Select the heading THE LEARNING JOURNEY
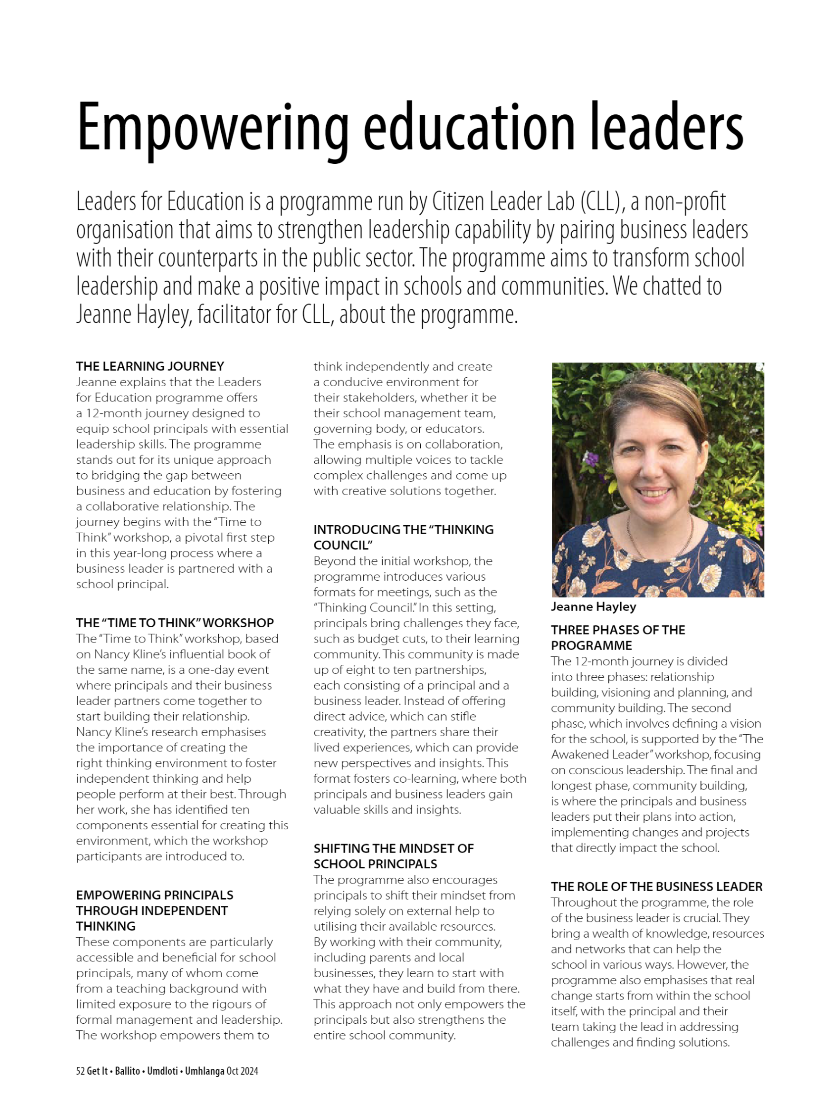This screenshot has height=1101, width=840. (150, 366)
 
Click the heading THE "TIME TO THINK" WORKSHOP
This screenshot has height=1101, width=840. (175, 623)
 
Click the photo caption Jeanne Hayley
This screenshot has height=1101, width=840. (593, 606)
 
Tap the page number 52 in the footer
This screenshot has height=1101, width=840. (80, 1071)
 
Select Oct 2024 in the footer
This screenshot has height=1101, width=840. (242, 1071)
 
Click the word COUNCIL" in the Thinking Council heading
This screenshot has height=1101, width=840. (344, 545)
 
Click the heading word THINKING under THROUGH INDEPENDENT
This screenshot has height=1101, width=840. (105, 926)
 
